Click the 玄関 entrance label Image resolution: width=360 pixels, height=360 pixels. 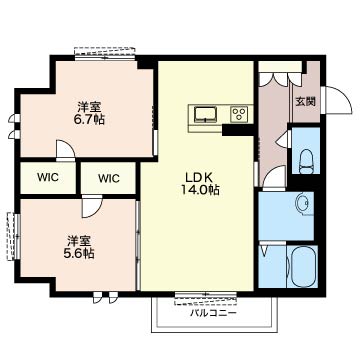[x=306, y=102]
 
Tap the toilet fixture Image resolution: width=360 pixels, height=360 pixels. [x=306, y=161]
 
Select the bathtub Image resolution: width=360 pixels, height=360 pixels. [x=303, y=266]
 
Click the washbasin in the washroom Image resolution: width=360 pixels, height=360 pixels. [x=305, y=205]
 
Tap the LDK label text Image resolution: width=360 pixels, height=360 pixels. [x=200, y=177]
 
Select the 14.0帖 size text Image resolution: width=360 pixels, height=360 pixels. [x=200, y=190]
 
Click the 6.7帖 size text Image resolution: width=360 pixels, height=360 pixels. [x=89, y=119]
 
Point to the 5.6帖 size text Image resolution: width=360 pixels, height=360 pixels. [x=79, y=254]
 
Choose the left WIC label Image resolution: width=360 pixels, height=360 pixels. [x=48, y=178]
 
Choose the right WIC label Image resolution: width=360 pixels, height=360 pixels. [x=109, y=179]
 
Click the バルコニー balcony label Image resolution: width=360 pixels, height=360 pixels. [x=214, y=313]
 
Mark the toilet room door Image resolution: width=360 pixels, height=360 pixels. [x=284, y=139]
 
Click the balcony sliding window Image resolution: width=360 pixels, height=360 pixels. [x=206, y=298]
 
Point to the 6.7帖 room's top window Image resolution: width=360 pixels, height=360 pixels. [x=105, y=53]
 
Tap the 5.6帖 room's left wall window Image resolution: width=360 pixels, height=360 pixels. [x=14, y=236]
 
